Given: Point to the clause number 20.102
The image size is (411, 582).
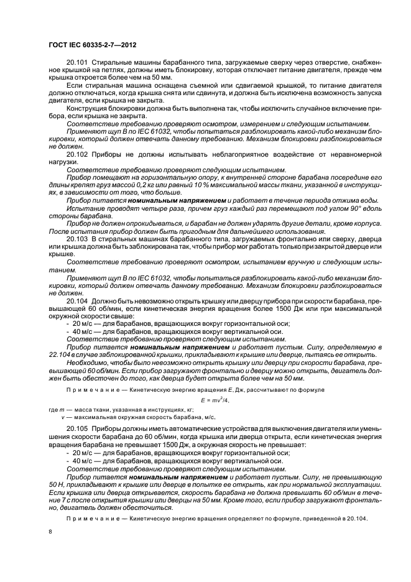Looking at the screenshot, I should click(x=77, y=154).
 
